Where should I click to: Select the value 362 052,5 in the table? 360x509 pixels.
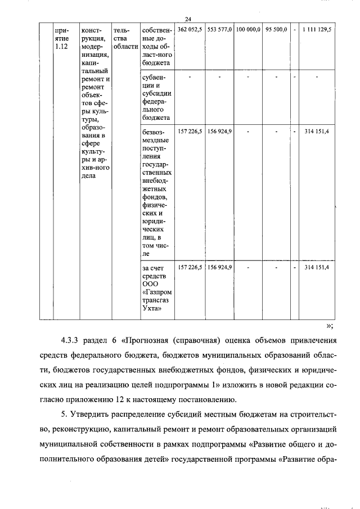pos(190,29)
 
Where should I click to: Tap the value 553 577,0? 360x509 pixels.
pos(219,29)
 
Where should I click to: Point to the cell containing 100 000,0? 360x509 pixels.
pos(248,29)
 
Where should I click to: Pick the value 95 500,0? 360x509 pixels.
pos(277,29)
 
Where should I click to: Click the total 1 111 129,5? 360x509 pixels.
pos(317,29)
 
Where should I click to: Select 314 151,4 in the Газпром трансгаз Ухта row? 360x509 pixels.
pos(317,267)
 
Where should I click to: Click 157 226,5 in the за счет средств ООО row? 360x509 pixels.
pos(190,267)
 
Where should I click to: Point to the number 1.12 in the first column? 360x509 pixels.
pos(62,47)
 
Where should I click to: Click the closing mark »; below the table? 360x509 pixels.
pos(330,325)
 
